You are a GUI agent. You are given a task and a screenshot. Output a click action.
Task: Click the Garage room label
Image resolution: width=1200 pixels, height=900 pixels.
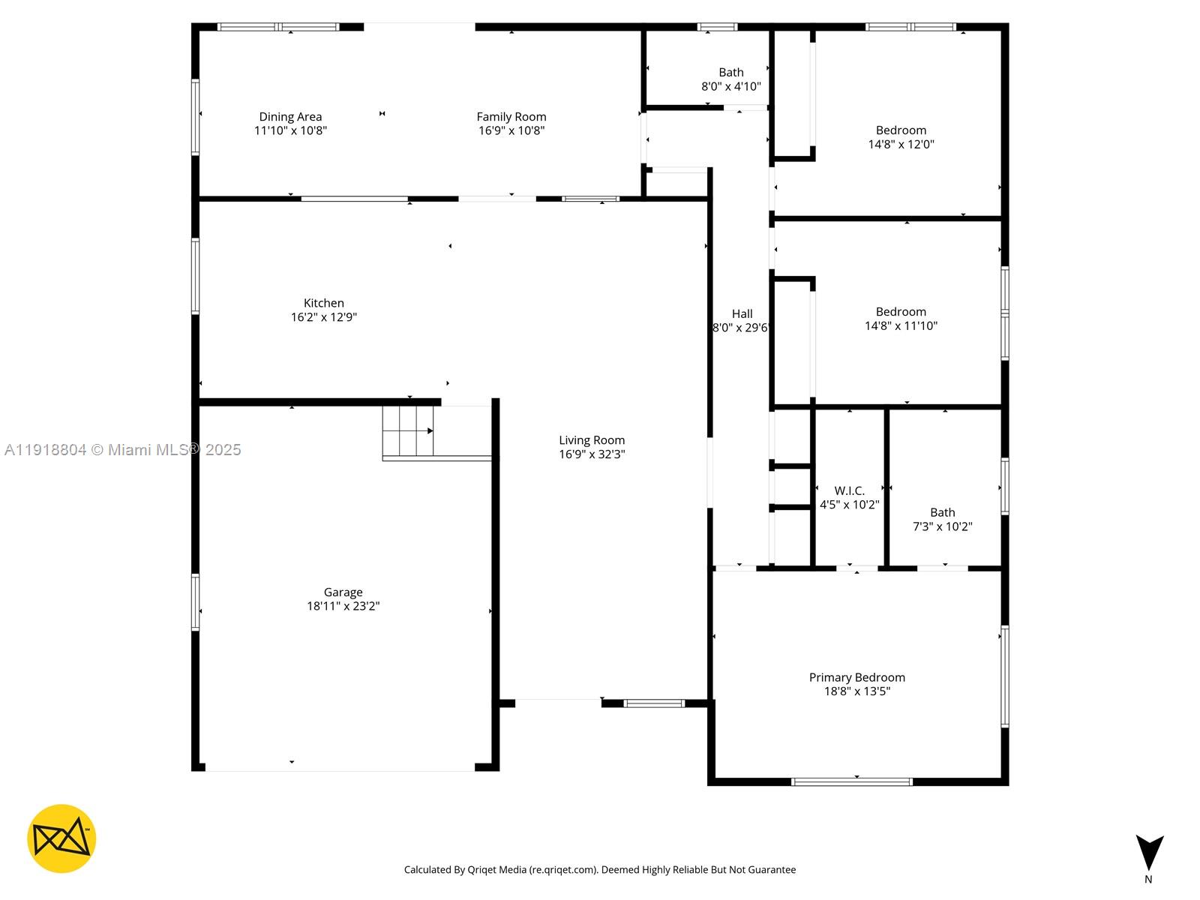(x=343, y=592)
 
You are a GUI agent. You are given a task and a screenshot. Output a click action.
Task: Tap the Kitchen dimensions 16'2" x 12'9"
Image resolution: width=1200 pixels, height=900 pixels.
(x=324, y=317)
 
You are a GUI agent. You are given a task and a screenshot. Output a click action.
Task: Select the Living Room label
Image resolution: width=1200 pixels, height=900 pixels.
(x=591, y=440)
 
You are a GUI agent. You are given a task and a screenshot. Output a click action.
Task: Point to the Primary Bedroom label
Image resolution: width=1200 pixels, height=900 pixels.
(x=856, y=677)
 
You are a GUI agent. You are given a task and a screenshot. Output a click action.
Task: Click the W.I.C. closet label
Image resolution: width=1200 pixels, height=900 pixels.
(x=849, y=491)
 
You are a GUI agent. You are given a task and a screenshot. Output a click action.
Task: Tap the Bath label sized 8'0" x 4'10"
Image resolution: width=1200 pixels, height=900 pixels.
(x=730, y=73)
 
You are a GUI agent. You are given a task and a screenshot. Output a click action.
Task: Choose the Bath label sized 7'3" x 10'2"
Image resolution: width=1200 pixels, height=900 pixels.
(x=942, y=513)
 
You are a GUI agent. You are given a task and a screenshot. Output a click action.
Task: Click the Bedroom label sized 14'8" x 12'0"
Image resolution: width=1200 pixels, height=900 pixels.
(x=901, y=130)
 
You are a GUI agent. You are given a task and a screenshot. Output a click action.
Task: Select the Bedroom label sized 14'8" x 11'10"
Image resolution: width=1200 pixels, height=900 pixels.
(x=901, y=312)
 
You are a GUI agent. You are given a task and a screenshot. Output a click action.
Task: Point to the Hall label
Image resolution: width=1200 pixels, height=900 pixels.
(x=742, y=314)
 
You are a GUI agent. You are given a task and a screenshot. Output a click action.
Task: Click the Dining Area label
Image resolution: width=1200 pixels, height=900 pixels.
(x=290, y=117)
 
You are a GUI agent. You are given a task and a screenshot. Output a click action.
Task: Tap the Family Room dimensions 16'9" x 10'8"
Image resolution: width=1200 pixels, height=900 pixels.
(x=511, y=130)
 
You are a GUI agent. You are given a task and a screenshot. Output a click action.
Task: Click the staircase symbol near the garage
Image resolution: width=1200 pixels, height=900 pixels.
(x=408, y=431)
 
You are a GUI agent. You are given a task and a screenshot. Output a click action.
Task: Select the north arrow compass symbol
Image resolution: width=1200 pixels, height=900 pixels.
(x=1148, y=853)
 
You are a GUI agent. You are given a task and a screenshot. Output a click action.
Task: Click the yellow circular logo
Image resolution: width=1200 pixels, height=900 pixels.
(x=61, y=838)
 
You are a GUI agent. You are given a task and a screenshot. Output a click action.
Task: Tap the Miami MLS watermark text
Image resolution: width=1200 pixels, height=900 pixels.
(x=123, y=450)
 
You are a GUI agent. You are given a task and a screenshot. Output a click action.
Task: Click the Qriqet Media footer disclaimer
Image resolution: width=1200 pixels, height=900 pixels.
(x=599, y=870)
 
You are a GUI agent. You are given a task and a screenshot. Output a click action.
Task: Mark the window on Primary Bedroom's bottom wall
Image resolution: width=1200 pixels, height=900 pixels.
(x=851, y=781)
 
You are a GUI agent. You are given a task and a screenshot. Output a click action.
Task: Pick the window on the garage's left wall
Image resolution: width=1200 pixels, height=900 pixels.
(x=196, y=601)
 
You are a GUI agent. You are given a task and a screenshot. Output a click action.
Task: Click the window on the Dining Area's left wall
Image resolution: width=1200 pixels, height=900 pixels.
(x=196, y=116)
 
